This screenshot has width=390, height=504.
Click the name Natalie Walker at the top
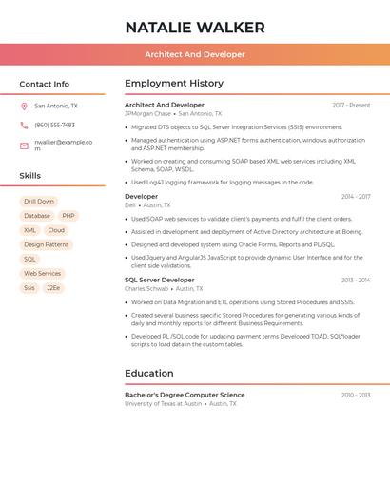coord(195,28)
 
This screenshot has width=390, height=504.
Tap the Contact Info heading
coord(45,84)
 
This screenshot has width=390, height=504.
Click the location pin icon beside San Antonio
coord(24,107)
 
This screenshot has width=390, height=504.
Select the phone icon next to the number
coord(24,125)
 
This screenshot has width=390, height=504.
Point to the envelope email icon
coord(24,145)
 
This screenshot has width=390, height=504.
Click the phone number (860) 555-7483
coord(54,125)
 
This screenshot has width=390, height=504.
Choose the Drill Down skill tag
coord(39,202)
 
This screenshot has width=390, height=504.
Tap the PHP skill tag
coord(68,216)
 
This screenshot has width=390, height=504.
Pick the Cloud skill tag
coord(56,230)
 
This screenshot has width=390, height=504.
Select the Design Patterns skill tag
coord(46,244)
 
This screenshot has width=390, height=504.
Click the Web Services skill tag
coord(42,273)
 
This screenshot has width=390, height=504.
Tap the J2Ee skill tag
coord(53,287)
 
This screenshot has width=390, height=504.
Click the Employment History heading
coord(174,84)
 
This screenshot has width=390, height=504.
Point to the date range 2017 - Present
coord(351,105)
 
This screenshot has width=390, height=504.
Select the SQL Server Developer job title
coord(159,280)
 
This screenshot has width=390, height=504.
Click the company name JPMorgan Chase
coord(147,113)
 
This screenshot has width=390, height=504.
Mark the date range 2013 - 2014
coord(356,280)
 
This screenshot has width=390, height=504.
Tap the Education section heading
coord(148,373)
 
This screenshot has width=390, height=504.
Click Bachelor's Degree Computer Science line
coord(185,395)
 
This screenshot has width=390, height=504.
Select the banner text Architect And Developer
coord(195,54)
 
